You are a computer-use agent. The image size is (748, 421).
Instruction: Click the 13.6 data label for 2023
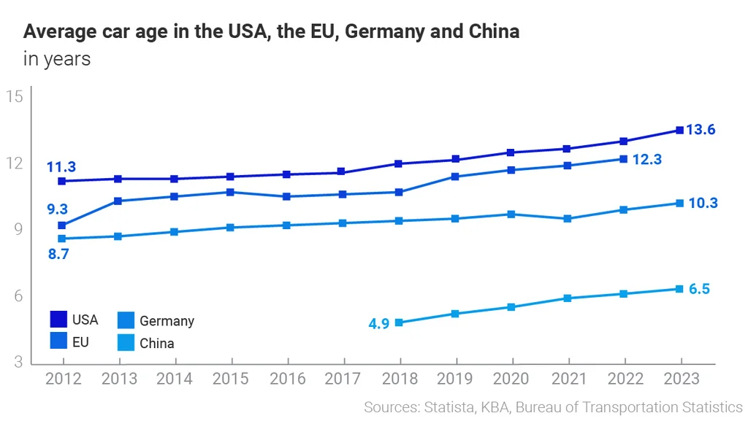point(701,130)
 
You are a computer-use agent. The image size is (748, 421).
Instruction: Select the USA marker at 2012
point(62,181)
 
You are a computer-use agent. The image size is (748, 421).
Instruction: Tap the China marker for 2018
point(399,322)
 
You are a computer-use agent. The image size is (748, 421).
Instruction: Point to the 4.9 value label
point(378,323)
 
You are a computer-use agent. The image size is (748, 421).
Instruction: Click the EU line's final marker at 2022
point(623,158)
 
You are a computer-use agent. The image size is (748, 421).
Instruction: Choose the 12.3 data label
point(647,159)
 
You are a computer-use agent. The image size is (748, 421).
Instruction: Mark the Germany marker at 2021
point(568,219)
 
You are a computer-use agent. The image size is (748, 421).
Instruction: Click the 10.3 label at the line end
point(703,203)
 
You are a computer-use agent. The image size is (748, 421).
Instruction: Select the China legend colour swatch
point(126,342)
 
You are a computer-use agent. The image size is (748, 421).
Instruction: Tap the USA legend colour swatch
point(58,320)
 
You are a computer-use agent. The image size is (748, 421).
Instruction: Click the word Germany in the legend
point(167,321)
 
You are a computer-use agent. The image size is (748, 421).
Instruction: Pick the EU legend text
point(80,341)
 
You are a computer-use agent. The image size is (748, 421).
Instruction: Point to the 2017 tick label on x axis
point(343,379)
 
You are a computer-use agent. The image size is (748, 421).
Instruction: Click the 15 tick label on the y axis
point(15,97)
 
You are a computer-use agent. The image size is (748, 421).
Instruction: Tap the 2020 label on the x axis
point(512,379)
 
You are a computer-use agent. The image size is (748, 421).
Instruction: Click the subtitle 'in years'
point(57,59)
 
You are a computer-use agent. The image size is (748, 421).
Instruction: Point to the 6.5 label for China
point(699,289)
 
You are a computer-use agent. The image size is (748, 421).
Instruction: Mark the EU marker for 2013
point(118,201)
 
